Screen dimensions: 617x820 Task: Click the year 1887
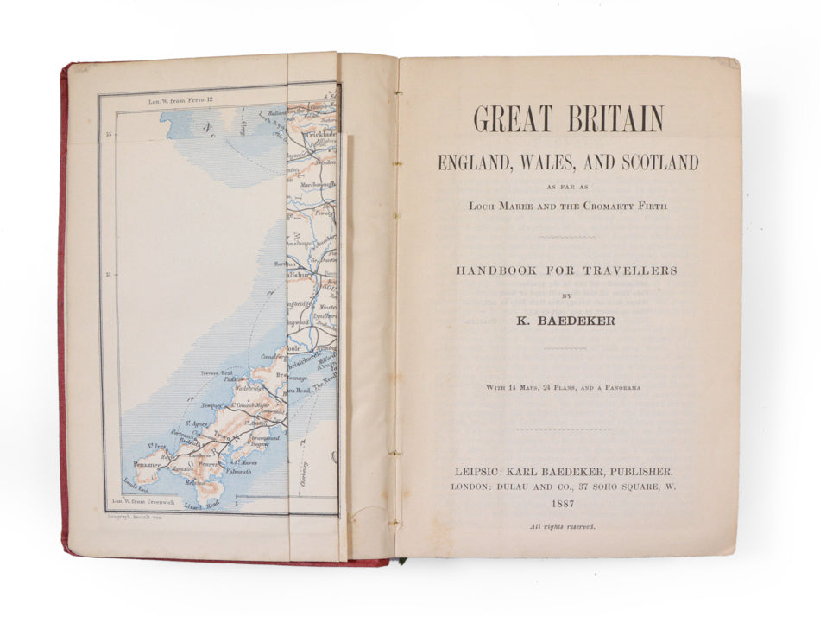tap(566, 505)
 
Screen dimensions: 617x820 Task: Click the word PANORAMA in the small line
tap(616, 388)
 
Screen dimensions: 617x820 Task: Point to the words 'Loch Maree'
tap(501, 206)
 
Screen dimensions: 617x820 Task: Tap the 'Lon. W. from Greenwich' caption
tap(142, 500)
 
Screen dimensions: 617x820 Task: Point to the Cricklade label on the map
tap(321, 137)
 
